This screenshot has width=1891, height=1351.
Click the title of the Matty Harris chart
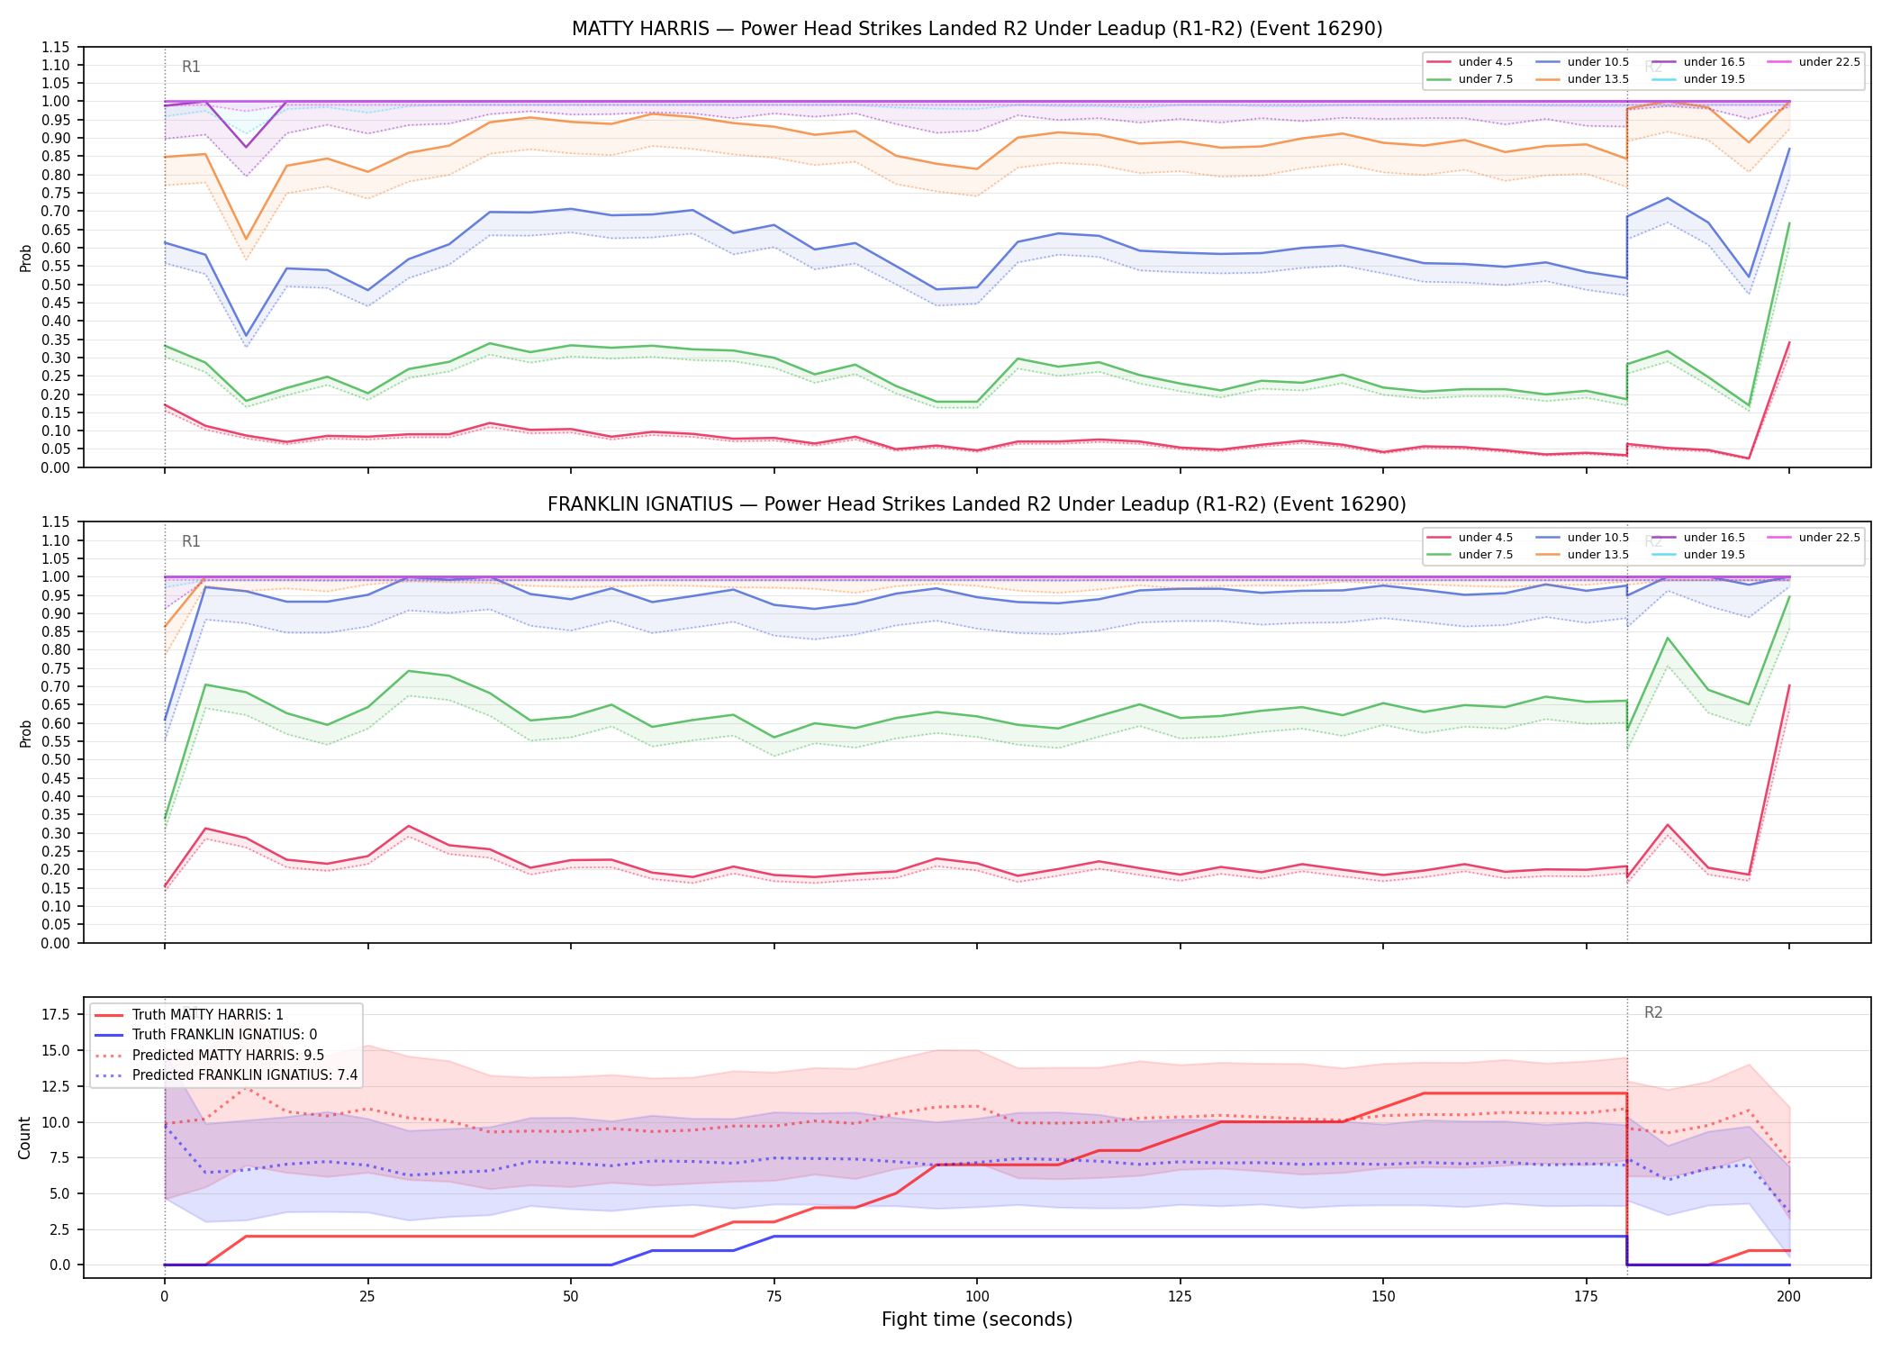click(977, 29)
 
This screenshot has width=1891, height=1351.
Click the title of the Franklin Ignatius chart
click(977, 504)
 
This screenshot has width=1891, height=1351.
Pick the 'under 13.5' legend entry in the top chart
click(1583, 79)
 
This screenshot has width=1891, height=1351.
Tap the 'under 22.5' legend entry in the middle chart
click(1814, 538)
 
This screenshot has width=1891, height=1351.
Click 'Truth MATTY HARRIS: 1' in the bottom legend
click(189, 1015)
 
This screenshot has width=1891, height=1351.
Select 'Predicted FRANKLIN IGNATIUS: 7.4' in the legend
click(226, 1075)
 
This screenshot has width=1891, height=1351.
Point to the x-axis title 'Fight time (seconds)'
click(977, 1319)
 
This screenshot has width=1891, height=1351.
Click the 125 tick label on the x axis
click(1180, 1297)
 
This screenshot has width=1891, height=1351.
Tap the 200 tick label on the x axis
click(1789, 1297)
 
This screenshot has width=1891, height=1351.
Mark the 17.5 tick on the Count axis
click(55, 1015)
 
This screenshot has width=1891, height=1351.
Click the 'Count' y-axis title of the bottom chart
click(24, 1138)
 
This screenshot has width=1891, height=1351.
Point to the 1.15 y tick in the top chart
click(56, 47)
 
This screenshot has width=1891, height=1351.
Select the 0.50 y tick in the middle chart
click(56, 759)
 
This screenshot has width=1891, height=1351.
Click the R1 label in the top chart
click(191, 67)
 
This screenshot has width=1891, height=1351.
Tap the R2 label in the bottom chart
click(1653, 1012)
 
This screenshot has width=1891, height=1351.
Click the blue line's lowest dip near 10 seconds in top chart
click(246, 336)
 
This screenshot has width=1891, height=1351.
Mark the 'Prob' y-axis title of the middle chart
click(26, 733)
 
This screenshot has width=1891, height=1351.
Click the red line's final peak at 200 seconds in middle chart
click(1789, 685)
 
